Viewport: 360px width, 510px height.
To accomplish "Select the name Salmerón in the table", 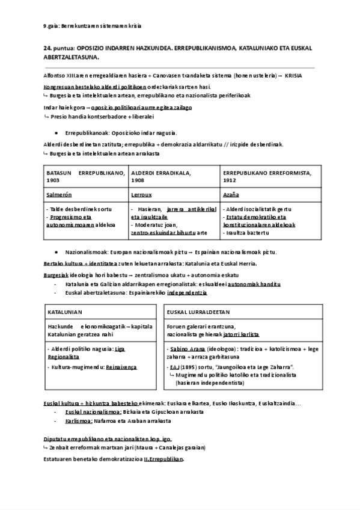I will coord(57,195).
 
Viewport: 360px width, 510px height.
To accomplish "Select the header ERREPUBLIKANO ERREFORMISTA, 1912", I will coord(266,176).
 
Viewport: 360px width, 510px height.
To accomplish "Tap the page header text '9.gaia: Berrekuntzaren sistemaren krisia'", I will coord(93,25).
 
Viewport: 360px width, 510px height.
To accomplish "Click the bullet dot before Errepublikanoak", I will coord(56,133).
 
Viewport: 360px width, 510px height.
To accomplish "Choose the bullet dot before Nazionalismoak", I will coord(56,252).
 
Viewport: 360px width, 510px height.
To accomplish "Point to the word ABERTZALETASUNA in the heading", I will coord(70,57).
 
